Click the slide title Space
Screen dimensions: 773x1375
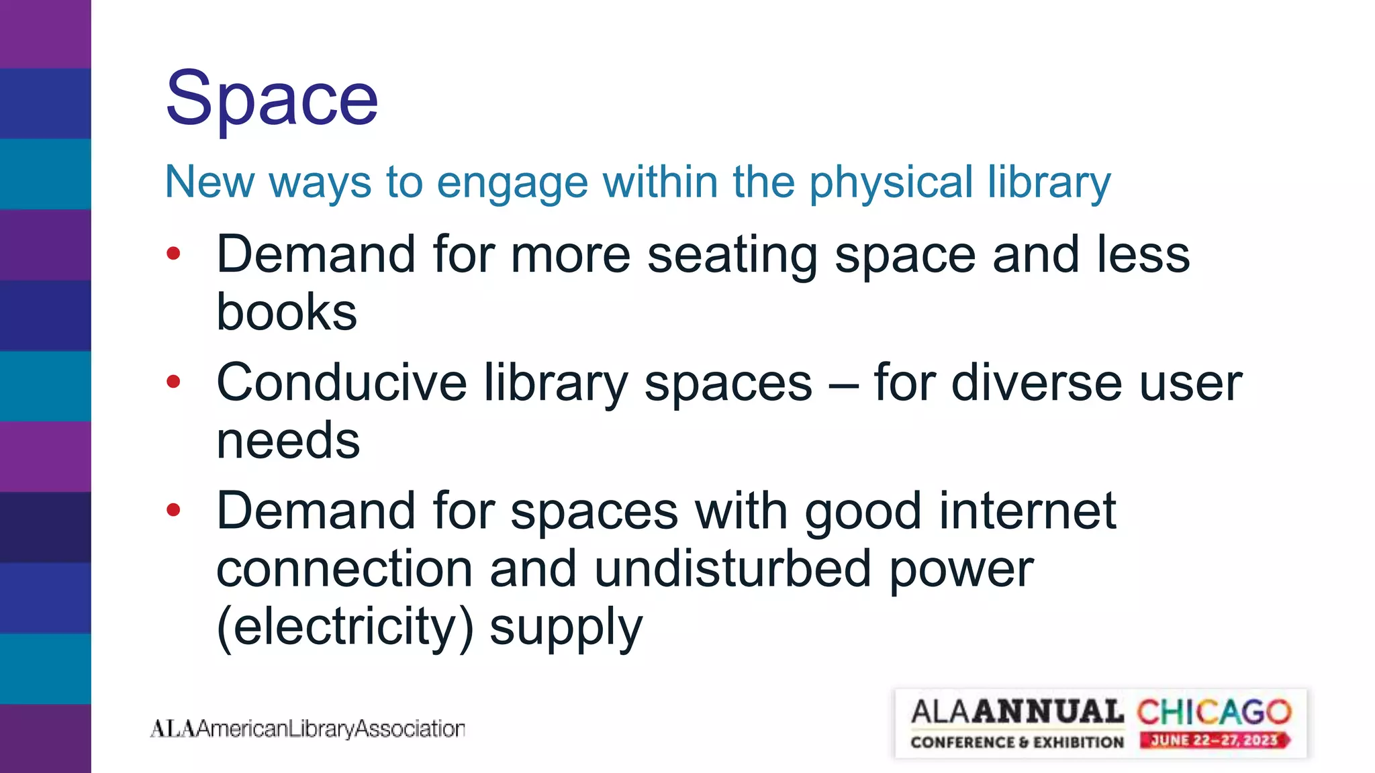pos(272,99)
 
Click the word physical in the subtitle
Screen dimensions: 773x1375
pos(891,183)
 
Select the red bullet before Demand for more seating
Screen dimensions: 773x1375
pos(174,254)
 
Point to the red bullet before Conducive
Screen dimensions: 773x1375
pos(174,382)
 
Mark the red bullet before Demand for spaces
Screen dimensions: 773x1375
pos(174,510)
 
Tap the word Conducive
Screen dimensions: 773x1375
pos(341,382)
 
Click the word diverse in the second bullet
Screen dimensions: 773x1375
pos(1036,382)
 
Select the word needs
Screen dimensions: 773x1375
pos(288,441)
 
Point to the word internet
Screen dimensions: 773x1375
pos(1027,511)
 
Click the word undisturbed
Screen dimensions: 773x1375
pos(733,568)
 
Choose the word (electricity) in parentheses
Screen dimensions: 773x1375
pos(345,627)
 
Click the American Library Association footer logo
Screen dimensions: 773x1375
pos(307,728)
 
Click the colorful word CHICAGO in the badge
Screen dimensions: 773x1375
pos(1214,712)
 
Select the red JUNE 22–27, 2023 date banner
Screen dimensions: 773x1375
pos(1214,741)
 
